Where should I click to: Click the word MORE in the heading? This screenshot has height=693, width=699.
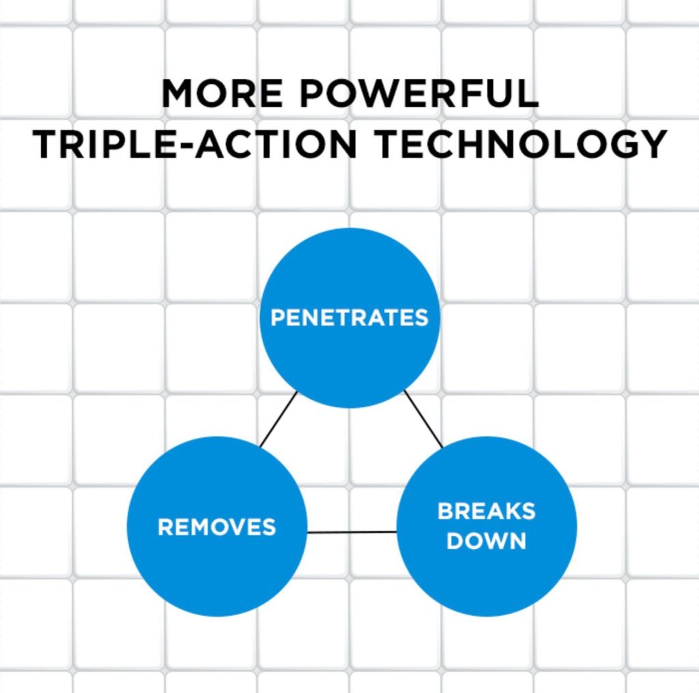222,93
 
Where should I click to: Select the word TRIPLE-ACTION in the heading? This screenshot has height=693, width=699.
195,144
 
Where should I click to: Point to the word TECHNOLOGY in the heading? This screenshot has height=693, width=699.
520,144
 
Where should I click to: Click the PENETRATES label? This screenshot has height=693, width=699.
349,318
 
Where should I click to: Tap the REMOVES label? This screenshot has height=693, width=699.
217,527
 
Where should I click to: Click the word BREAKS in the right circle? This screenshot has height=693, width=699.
486,511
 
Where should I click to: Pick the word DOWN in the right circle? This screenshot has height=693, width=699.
486,541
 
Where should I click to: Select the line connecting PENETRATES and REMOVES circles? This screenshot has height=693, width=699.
279,419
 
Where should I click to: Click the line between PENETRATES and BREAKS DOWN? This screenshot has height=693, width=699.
423,419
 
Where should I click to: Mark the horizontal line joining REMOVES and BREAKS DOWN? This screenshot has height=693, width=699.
352,532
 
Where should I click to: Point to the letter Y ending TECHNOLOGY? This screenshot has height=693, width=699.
653,144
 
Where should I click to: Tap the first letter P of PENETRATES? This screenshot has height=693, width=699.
278,318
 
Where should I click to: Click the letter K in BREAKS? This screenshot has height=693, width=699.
513,511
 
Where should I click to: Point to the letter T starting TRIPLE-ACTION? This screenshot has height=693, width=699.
45,144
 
